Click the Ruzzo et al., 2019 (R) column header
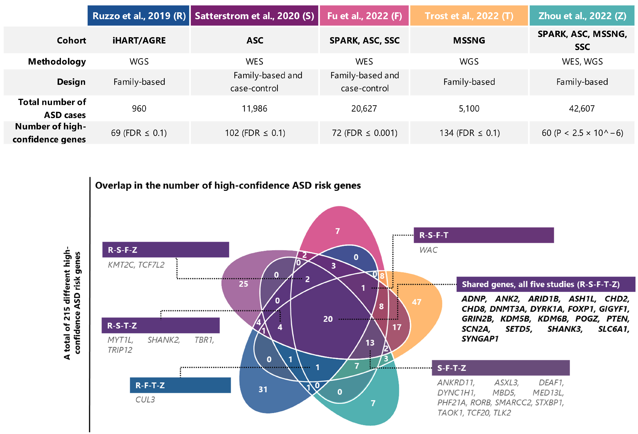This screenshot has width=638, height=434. point(139,16)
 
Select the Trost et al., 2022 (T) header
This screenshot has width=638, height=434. point(469,16)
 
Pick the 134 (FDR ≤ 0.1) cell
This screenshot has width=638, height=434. point(469,133)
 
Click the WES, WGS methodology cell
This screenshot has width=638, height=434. point(582,62)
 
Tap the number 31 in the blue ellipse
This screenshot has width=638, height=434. point(263,389)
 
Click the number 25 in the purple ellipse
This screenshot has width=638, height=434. point(243,284)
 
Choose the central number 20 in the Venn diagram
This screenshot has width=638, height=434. point(328,319)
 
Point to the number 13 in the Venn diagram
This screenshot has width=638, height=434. point(370,343)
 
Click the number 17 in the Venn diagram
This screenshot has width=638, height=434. point(397,327)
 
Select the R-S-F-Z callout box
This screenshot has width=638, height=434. point(166,250)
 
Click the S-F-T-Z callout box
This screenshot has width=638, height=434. point(500,368)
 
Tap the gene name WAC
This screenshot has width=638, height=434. point(428,250)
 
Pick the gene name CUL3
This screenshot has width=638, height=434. point(145,399)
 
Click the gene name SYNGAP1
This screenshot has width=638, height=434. point(480,339)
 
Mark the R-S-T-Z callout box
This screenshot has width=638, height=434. point(161,325)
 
